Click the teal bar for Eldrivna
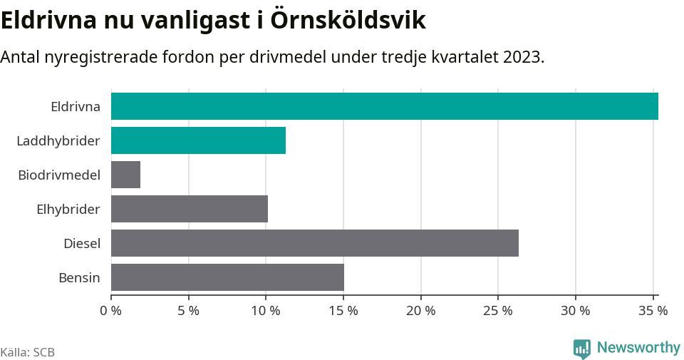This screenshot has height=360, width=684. click(385, 106)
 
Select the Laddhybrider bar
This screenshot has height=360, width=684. click(198, 140)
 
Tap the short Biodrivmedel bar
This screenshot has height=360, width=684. click(125, 175)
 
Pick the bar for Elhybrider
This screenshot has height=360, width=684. click(190, 209)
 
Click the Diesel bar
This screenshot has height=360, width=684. click(315, 243)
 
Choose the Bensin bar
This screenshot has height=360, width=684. click(227, 277)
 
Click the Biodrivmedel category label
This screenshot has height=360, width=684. click(59, 175)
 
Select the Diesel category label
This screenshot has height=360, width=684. click(82, 244)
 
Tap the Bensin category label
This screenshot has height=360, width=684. click(79, 278)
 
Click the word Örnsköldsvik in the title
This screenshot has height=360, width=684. click(348, 20)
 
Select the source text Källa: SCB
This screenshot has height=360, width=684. click(28, 352)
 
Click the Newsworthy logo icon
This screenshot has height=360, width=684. click(581, 349)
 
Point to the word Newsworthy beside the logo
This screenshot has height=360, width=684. click(638, 348)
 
